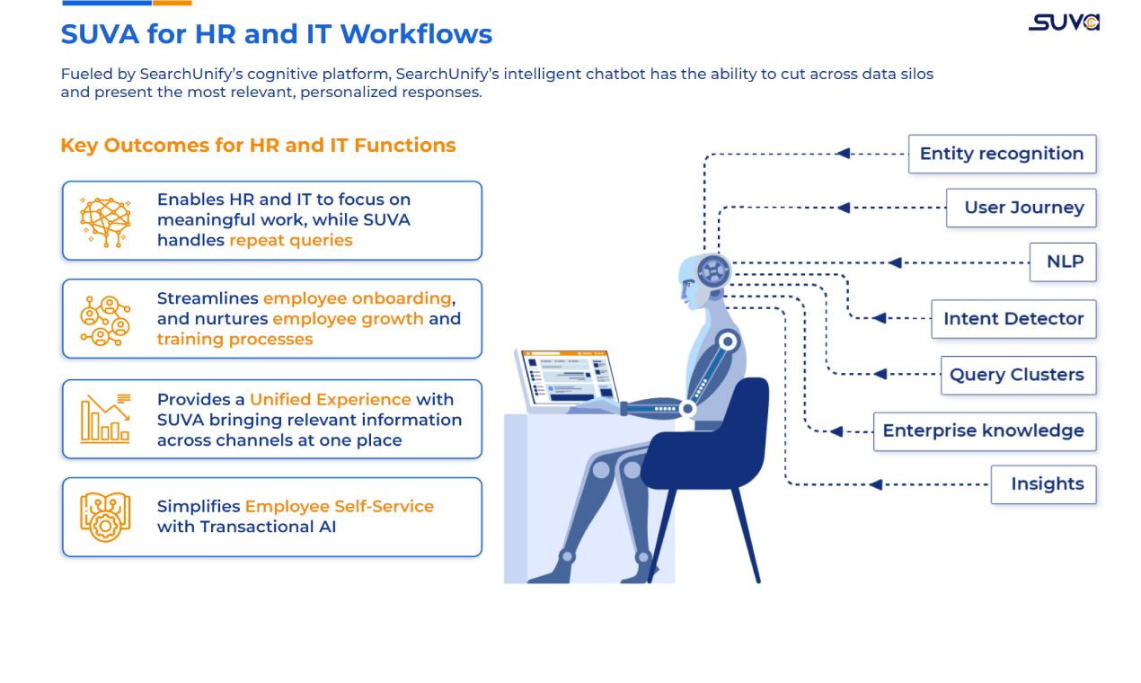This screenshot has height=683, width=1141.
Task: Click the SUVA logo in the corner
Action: pyautogui.click(x=1064, y=22)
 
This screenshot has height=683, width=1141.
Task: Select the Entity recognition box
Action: pyautogui.click(x=1002, y=154)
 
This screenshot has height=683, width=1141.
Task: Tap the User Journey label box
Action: pyautogui.click(x=1022, y=208)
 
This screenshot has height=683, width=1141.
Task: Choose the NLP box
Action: pyautogui.click(x=1064, y=262)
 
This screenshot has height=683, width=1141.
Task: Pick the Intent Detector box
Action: pyautogui.click(x=1013, y=319)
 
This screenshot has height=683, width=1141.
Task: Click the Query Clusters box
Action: pyautogui.click(x=1017, y=375)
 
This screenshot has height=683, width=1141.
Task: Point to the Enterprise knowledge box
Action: pyautogui.click(x=984, y=431)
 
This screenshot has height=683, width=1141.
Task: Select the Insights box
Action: pyautogui.click(x=1044, y=484)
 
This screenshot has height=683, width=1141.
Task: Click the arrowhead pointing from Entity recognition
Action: pyautogui.click(x=843, y=154)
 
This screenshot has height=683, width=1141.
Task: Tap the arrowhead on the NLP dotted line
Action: pyautogui.click(x=894, y=262)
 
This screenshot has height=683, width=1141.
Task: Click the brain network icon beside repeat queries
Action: pyautogui.click(x=105, y=221)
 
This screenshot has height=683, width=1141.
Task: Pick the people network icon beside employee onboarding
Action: pyautogui.click(x=105, y=320)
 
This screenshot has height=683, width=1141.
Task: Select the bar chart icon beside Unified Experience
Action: pyautogui.click(x=105, y=419)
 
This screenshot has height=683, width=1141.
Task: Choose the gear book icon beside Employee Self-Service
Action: pyautogui.click(x=105, y=517)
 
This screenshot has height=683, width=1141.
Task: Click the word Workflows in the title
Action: pyautogui.click(x=416, y=34)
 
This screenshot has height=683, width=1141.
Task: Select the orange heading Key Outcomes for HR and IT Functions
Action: pyautogui.click(x=258, y=146)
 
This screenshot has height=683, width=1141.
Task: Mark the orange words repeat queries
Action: pyautogui.click(x=290, y=240)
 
